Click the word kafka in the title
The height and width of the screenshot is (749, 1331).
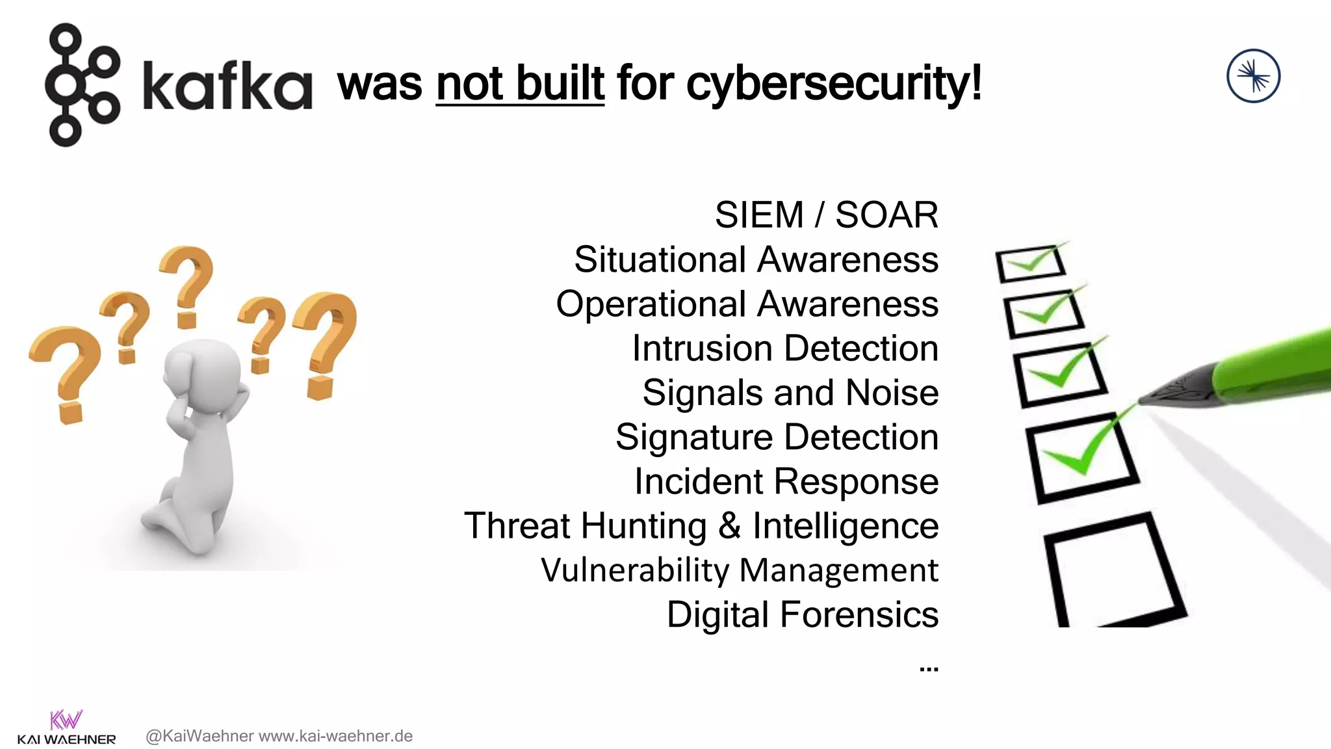227,85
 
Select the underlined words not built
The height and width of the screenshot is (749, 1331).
520,83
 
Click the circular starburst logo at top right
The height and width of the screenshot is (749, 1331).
1253,76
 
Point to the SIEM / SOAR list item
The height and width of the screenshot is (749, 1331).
826,215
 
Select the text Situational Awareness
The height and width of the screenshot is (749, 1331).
756,259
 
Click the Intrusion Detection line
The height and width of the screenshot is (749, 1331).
784,348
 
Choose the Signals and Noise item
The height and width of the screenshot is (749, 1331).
790,393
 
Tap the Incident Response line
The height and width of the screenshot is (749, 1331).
786,482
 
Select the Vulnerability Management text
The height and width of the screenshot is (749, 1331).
739,570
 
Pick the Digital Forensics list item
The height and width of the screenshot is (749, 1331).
802,614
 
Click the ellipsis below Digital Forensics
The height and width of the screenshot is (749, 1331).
929,668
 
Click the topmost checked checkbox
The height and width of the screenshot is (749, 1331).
1030,263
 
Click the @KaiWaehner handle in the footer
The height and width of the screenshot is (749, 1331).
200,736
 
